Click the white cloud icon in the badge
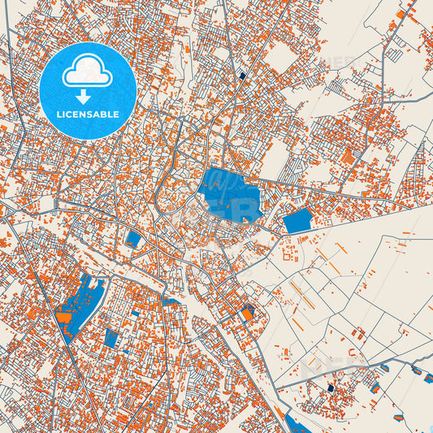tap(87, 71)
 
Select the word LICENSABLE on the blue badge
tap(87, 115)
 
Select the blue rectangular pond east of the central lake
tap(297, 219)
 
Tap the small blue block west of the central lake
tap(133, 239)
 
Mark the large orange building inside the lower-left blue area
tap(64, 316)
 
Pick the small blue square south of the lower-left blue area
tap(111, 337)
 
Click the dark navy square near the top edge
tap(242, 76)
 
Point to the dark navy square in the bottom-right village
tap(331, 388)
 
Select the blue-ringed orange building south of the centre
tap(247, 312)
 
